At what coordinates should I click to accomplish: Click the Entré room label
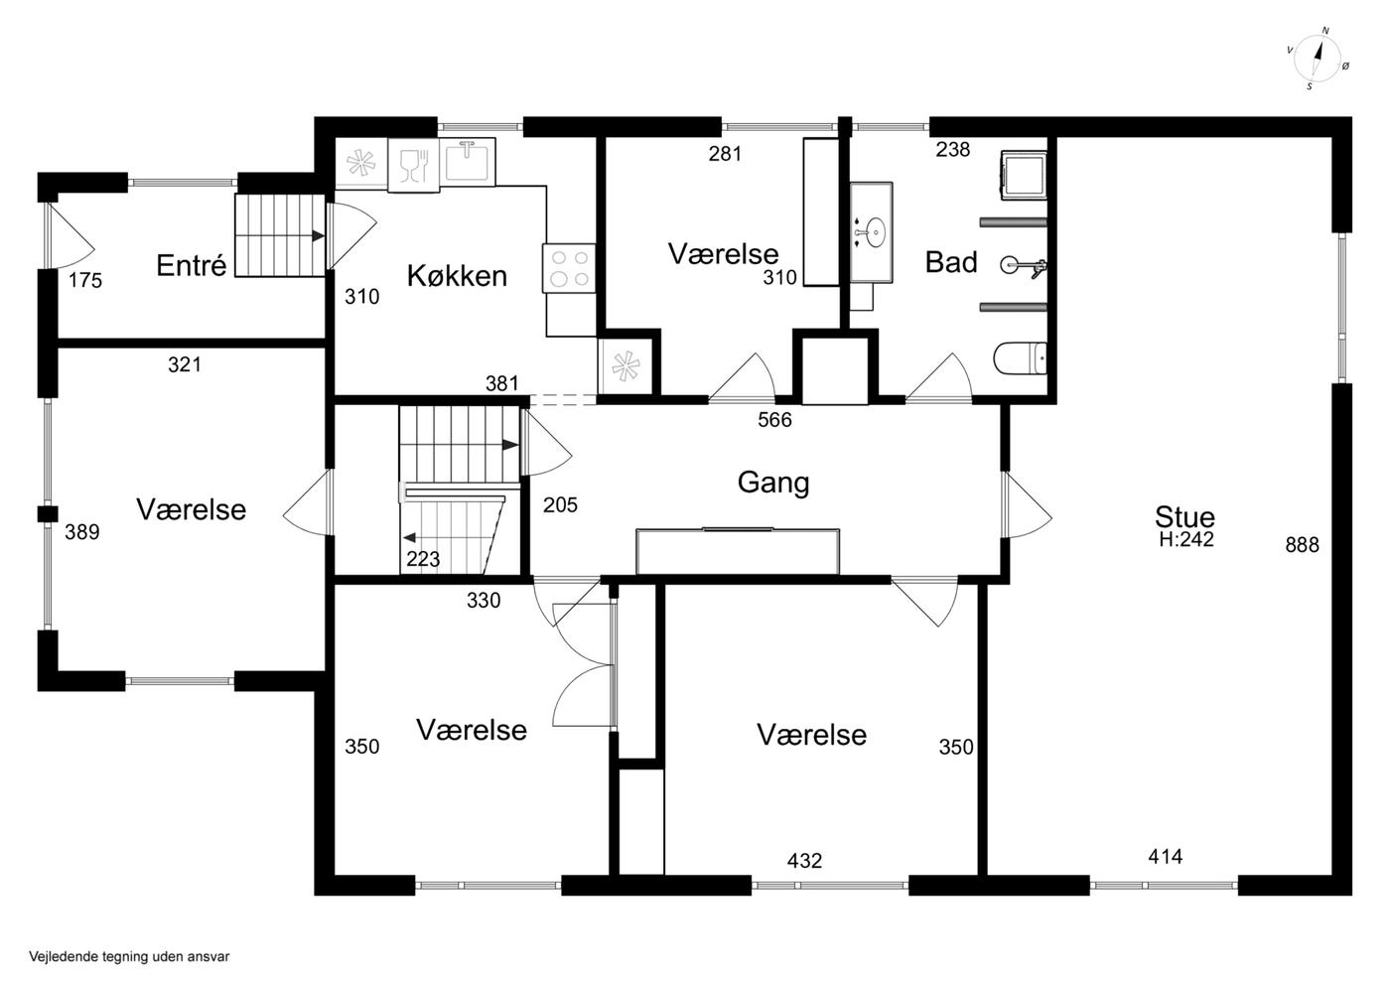coord(191,266)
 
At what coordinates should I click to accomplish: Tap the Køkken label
coord(457,276)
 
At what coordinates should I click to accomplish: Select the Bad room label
coord(951,262)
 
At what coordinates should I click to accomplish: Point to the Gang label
coord(773,484)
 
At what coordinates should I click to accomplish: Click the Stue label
coord(1184,517)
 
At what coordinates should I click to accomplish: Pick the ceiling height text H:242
coord(1185,539)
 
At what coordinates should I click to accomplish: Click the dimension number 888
coord(1302,545)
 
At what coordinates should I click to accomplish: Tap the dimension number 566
coord(774,420)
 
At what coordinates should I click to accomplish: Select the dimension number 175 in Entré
coord(85,281)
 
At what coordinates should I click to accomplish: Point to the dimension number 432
coord(804,861)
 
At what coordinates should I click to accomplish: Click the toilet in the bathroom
coord(1020,358)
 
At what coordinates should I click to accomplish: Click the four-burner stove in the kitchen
coord(568,268)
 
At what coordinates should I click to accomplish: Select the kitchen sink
coord(467,161)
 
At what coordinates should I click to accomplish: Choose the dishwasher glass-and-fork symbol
coord(414,165)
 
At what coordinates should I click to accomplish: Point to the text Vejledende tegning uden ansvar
coord(129,956)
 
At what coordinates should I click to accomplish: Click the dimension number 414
coord(1166,857)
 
